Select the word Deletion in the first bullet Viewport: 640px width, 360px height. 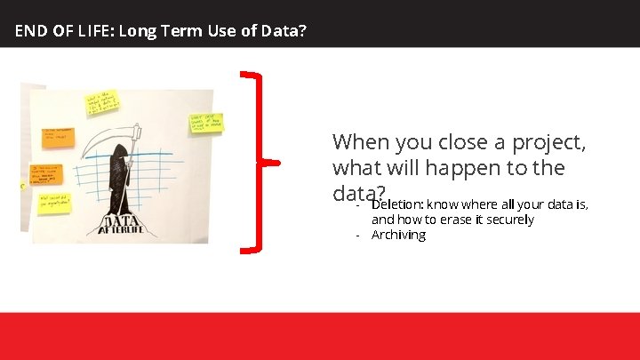[x=397, y=204]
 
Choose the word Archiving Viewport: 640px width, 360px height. [x=398, y=235]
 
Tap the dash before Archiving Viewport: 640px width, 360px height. [x=357, y=235]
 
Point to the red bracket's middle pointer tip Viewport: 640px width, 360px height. [x=277, y=163]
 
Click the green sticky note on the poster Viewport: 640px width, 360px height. [x=206, y=124]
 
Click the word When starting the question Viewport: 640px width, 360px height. [x=356, y=142]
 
